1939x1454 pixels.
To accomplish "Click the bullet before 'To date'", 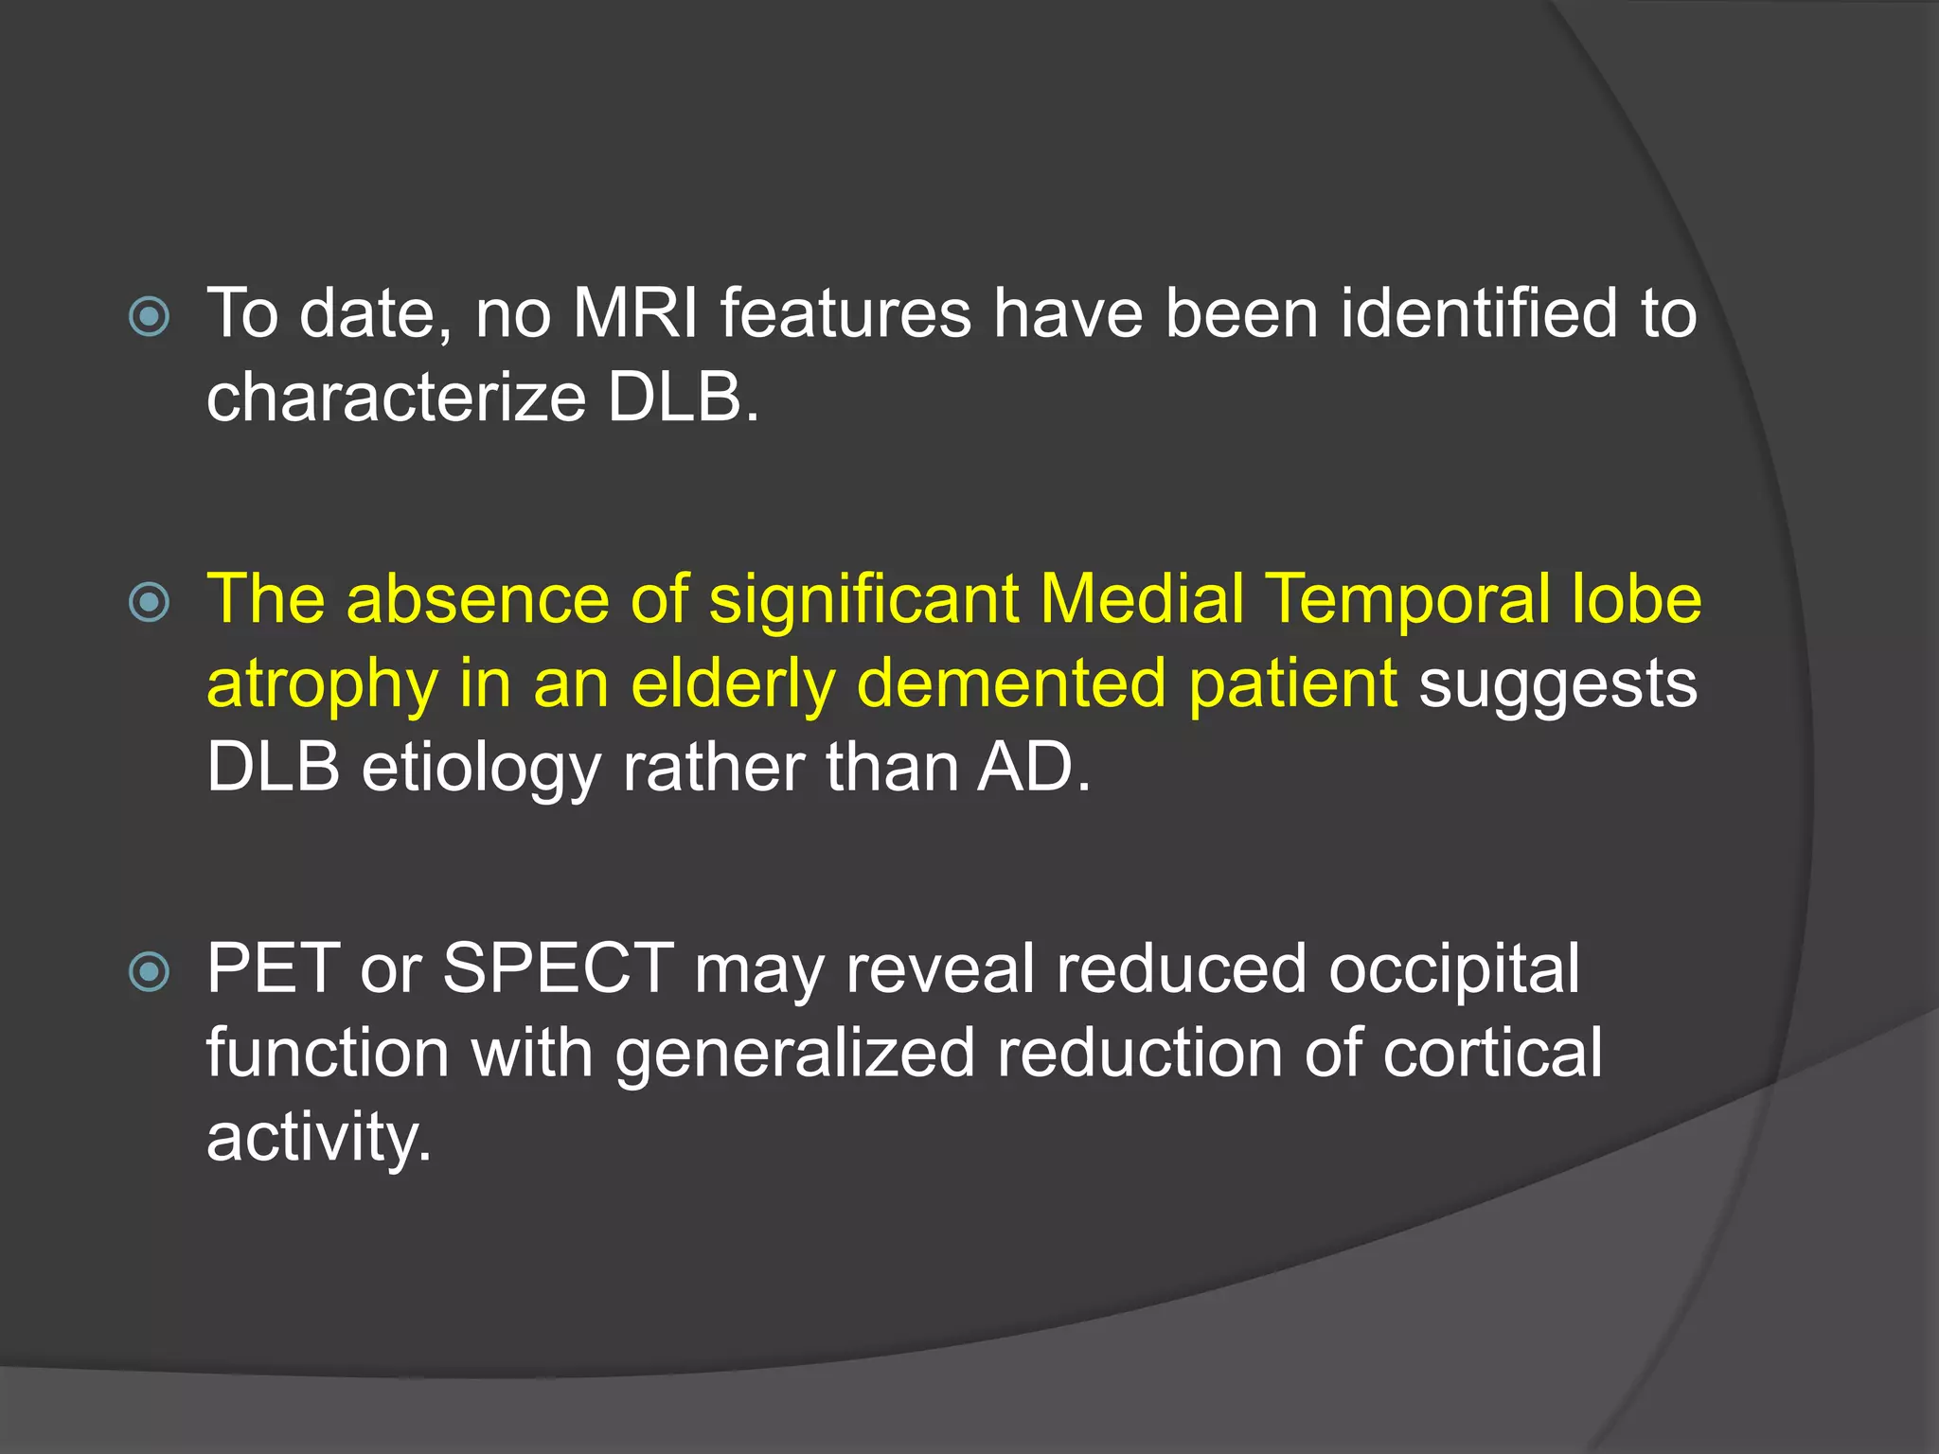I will click(150, 317).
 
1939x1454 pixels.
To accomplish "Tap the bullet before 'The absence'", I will click(150, 602).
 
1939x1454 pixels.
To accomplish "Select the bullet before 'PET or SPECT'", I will click(150, 971).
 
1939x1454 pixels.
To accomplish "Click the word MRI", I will click(635, 314).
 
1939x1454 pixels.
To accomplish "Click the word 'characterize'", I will click(397, 398).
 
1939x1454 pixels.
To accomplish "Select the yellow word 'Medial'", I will click(1142, 600).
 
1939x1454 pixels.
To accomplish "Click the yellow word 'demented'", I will click(1011, 684).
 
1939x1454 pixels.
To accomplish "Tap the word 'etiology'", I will click(481, 768).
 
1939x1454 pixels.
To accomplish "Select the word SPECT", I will click(559, 969).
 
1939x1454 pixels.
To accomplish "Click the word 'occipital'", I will click(1454, 969).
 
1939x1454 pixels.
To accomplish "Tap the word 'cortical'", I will click(1492, 1054).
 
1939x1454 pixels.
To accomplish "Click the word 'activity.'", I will click(319, 1137).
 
